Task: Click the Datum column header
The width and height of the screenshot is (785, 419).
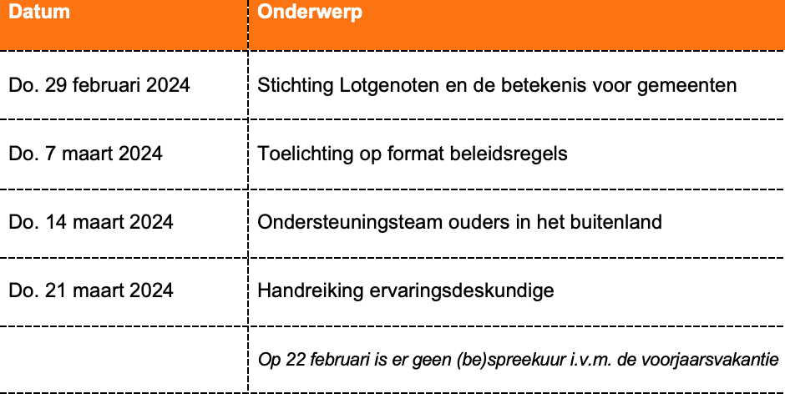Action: [x=39, y=12]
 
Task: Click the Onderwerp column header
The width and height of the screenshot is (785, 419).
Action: [x=309, y=12]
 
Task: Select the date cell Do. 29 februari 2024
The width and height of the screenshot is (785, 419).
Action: [x=99, y=85]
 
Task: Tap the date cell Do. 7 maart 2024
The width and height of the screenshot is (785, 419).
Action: [x=86, y=154]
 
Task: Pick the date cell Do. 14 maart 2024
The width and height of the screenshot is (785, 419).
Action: [x=91, y=222]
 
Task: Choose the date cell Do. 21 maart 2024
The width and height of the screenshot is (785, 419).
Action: [x=91, y=290]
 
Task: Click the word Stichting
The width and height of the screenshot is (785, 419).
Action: [x=296, y=86]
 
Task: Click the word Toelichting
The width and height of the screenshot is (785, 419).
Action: [x=306, y=154]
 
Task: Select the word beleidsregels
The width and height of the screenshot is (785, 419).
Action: [x=509, y=154]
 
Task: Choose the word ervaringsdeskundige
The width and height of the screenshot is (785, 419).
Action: [x=462, y=290]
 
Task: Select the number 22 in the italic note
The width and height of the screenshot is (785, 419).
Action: [x=296, y=359]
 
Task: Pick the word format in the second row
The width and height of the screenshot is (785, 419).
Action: [x=416, y=154]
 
